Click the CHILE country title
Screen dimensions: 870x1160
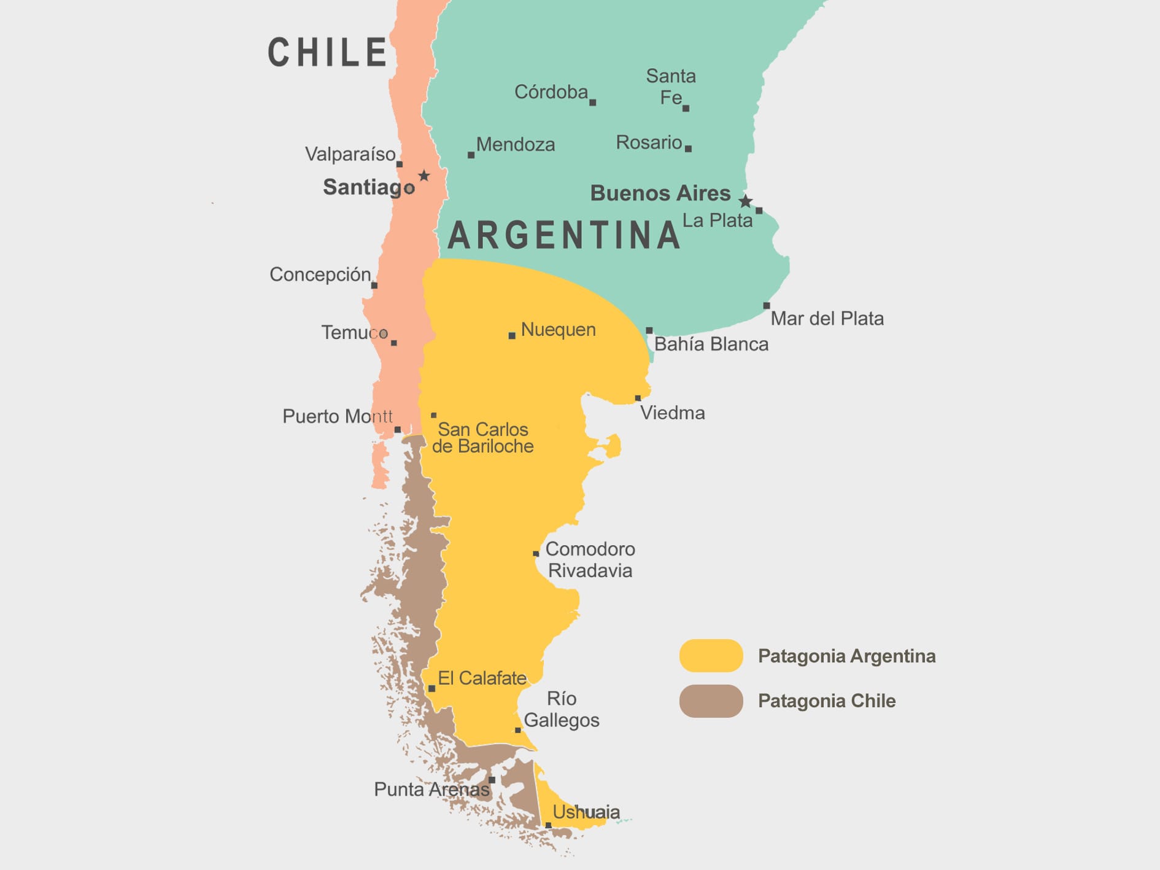(x=327, y=52)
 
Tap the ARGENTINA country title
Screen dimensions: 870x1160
(x=564, y=236)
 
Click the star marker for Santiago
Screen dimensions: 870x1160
(x=424, y=176)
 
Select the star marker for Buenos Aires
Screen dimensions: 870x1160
(x=745, y=201)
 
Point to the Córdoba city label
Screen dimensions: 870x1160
(x=551, y=92)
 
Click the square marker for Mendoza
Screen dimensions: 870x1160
(x=471, y=155)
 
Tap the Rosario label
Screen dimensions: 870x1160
(x=649, y=142)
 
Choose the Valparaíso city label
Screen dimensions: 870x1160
(x=350, y=154)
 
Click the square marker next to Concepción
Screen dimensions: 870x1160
(x=374, y=285)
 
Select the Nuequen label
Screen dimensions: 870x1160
(x=558, y=330)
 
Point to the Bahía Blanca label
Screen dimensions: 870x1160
(x=711, y=344)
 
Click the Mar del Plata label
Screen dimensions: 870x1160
(x=827, y=319)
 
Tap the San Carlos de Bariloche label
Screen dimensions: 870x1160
(x=482, y=438)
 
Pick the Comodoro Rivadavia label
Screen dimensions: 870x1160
(x=590, y=559)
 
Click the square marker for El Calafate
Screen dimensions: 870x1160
(x=431, y=688)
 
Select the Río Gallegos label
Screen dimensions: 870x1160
(x=562, y=709)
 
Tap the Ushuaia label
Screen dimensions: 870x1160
(x=586, y=812)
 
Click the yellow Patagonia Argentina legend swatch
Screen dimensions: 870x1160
(x=711, y=656)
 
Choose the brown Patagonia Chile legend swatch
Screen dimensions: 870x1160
(x=711, y=701)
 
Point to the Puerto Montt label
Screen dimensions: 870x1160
(x=337, y=416)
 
